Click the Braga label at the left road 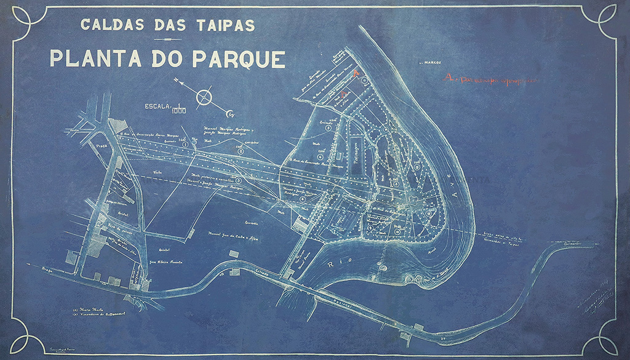pyautogui.click(x=43, y=270)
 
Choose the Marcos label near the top pyautogui.click(x=431, y=62)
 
